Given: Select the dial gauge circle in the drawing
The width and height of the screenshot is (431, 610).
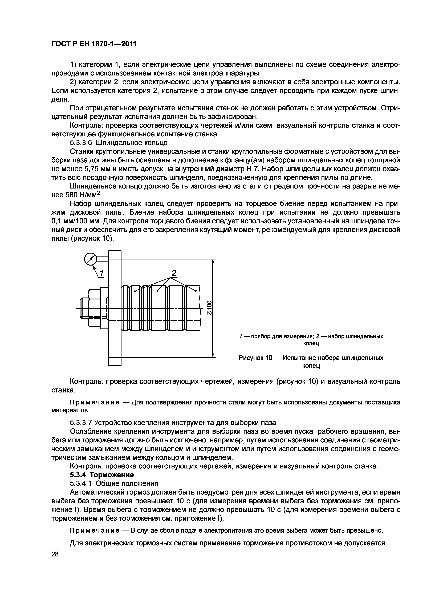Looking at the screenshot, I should pos(90,259).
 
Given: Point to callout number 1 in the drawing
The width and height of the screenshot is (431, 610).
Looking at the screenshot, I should pos(102,273).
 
